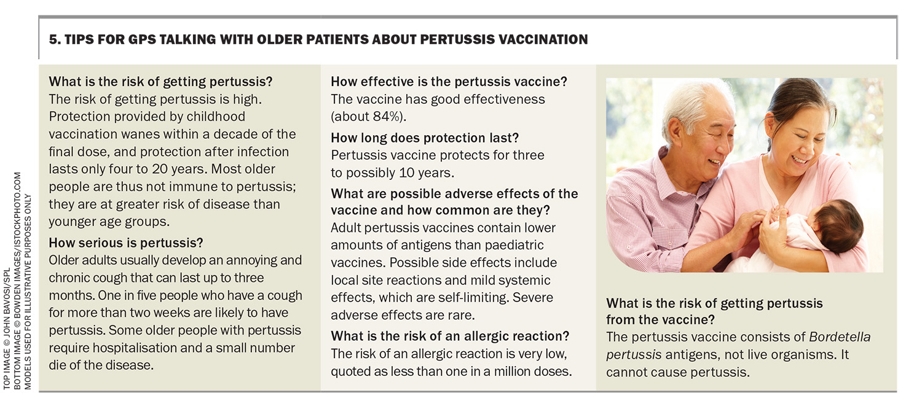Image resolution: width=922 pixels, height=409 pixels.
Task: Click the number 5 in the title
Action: [x=52, y=39]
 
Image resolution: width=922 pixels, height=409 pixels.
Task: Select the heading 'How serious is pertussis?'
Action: [x=126, y=243]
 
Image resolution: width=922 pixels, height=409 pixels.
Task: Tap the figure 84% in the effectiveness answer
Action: [x=387, y=117]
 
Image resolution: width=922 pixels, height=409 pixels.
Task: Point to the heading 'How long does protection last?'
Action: [x=425, y=138]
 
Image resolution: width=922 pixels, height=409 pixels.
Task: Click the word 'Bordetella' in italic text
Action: [x=840, y=337]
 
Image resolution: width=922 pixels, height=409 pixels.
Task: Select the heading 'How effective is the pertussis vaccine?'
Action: [x=449, y=82]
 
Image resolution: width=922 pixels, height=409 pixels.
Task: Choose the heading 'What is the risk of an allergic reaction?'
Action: [x=450, y=337]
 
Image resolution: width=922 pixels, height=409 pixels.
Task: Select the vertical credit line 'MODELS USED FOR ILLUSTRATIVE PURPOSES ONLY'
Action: [x=28, y=292]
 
